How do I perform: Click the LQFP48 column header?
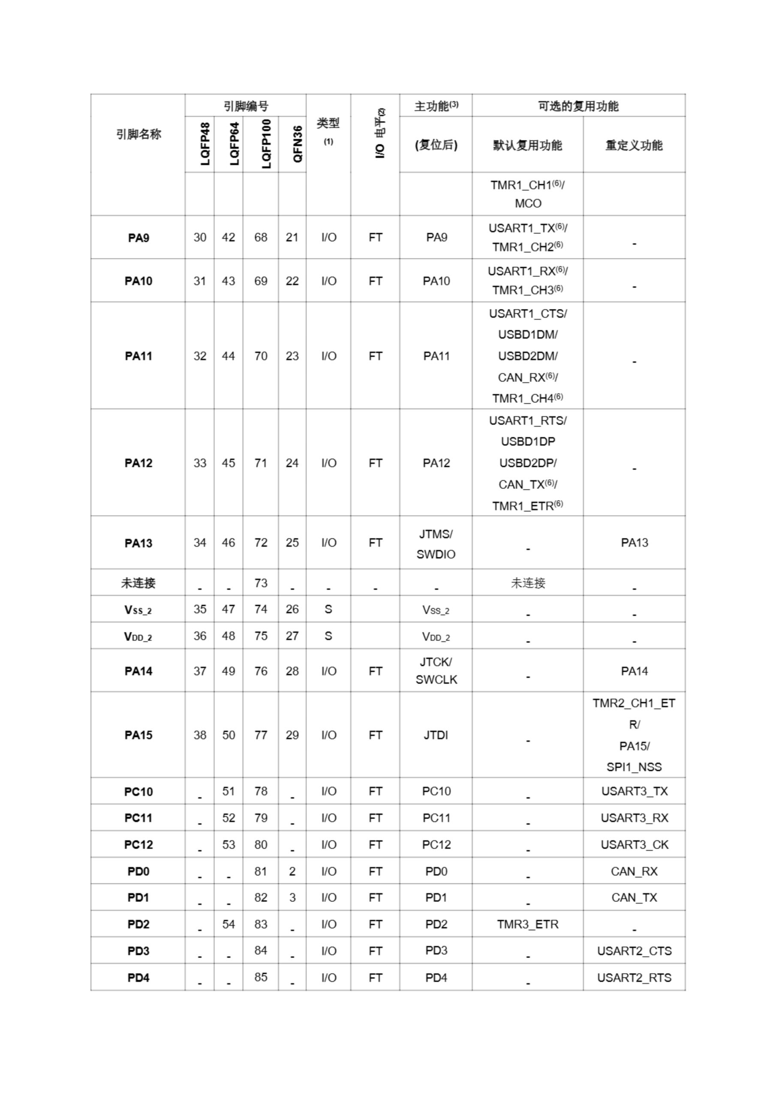click(x=205, y=144)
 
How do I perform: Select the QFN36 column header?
click(x=297, y=144)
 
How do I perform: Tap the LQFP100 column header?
click(x=266, y=144)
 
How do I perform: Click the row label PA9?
click(x=138, y=238)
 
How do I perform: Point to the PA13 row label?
click(x=138, y=543)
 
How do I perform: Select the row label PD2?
click(x=138, y=924)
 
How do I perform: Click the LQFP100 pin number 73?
click(x=261, y=583)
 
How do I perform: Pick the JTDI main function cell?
click(x=436, y=735)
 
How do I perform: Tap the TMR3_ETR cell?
click(x=527, y=924)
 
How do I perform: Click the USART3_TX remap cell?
click(x=634, y=791)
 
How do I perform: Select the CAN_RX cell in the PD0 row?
click(x=634, y=871)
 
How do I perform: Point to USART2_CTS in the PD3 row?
click(x=634, y=951)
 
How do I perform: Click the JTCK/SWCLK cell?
click(x=436, y=670)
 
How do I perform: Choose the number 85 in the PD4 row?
click(x=261, y=977)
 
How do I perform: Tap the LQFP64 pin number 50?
click(x=229, y=735)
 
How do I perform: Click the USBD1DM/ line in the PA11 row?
click(x=527, y=335)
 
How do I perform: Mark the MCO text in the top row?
click(x=528, y=204)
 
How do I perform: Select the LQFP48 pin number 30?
click(x=200, y=238)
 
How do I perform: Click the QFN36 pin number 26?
click(x=292, y=609)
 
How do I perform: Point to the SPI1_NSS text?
click(x=634, y=767)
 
